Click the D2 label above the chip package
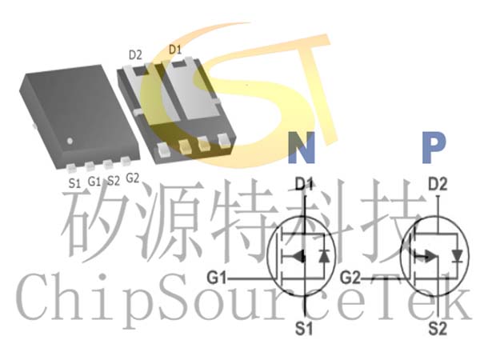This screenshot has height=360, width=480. tap(135, 55)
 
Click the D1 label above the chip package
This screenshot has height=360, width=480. tap(175, 50)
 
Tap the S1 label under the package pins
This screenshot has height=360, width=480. tap(74, 183)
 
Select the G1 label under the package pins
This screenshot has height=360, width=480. tap(94, 182)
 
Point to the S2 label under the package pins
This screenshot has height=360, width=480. tap(114, 181)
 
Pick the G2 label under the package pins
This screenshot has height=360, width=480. tap(133, 178)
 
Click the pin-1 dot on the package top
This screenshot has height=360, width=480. tap(70, 141)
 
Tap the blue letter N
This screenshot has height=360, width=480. tap(302, 147)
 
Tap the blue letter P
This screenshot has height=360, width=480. tap(434, 147)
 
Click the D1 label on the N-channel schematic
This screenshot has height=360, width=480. tap(304, 184)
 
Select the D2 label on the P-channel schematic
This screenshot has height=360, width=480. tap(438, 184)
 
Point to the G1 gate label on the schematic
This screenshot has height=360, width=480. tap(217, 278)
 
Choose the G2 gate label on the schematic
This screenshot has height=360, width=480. tap(350, 278)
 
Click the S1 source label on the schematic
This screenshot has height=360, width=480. tap(304, 329)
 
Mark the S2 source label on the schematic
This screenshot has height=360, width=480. tap(438, 329)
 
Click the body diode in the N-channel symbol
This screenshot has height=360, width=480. tap(324, 256)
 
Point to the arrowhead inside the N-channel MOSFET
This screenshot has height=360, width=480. tap(299, 257)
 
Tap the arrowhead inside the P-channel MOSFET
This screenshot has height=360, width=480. tap(431, 257)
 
